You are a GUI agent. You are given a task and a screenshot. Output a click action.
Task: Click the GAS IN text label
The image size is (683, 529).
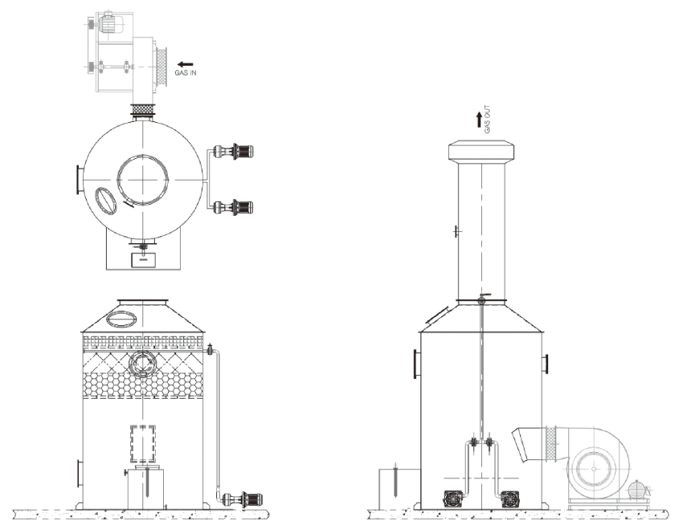pyautogui.click(x=186, y=73)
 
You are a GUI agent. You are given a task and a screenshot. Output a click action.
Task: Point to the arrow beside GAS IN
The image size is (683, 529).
pyautogui.click(x=186, y=64)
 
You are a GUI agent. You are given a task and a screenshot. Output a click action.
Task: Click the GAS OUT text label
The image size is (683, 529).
pyautogui.click(x=488, y=119)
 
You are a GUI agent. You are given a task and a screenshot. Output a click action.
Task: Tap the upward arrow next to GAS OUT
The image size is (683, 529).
pyautogui.click(x=479, y=120)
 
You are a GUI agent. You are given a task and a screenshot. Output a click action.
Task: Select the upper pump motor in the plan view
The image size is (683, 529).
pyautogui.click(x=237, y=152)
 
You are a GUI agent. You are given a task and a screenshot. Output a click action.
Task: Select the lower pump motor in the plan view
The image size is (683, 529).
pyautogui.click(x=237, y=207)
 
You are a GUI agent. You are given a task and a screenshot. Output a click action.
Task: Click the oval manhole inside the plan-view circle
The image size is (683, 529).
pyautogui.click(x=106, y=200)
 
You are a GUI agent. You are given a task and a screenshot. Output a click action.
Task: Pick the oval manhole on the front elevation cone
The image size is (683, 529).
pyautogui.click(x=121, y=319)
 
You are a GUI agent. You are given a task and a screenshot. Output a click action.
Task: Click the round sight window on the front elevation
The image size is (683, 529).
pyautogui.click(x=142, y=364)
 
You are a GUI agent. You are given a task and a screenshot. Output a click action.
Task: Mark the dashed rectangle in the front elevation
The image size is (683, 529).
pyautogui.click(x=143, y=444)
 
